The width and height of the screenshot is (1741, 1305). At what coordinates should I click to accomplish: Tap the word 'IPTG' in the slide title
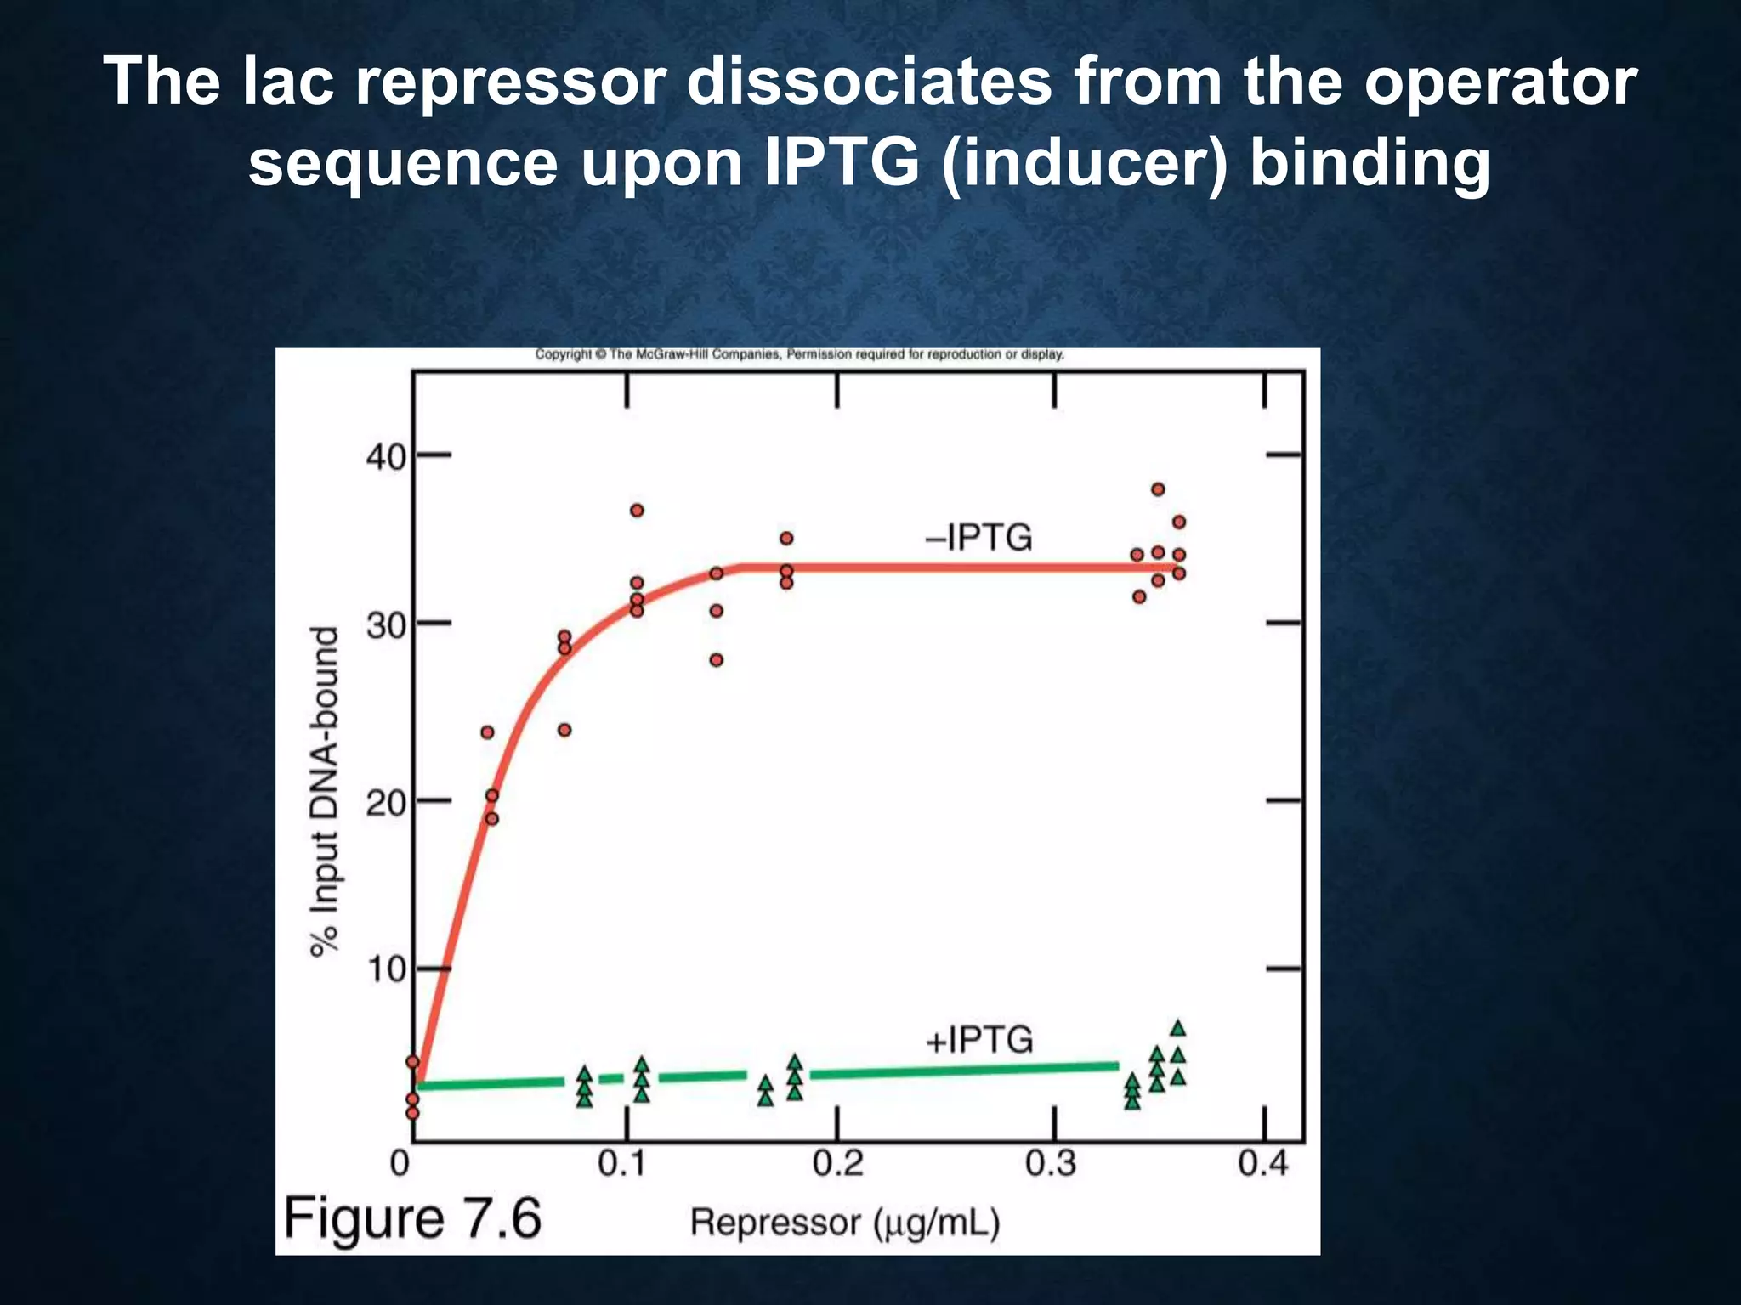pos(842,162)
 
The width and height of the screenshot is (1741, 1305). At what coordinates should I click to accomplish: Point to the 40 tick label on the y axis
pos(387,458)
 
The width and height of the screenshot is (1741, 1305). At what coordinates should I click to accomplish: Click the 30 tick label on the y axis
pos(387,626)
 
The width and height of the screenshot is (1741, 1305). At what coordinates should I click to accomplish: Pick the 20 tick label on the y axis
pos(387,803)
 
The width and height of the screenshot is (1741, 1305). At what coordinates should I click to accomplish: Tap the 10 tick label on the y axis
pos(387,971)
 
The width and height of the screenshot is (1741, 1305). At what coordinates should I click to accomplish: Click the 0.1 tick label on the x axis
pos(622,1163)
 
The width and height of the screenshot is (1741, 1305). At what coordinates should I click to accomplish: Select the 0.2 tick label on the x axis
pos(837,1163)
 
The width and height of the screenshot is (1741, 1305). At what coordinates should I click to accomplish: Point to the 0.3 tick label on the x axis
pos(1051,1163)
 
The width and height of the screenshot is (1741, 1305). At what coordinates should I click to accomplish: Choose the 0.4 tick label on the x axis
pos(1263,1163)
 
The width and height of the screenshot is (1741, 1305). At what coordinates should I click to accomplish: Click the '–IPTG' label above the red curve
pos(978,538)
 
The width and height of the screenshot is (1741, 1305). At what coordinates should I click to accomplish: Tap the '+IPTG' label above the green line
pos(978,1040)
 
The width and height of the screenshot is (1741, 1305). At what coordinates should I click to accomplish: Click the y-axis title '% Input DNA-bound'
pos(325,792)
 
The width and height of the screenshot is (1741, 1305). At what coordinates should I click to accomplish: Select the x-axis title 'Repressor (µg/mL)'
pos(844,1223)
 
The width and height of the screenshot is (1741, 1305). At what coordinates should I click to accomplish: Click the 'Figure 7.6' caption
pos(413,1218)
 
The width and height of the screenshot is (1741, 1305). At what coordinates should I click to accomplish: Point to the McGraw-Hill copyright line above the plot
pos(799,354)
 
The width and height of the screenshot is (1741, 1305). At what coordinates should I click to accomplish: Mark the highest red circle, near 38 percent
pos(1158,489)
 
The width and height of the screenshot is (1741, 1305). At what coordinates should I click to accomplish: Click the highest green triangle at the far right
pos(1178,1029)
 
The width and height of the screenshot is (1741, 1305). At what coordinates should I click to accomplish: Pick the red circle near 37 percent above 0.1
pos(637,511)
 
